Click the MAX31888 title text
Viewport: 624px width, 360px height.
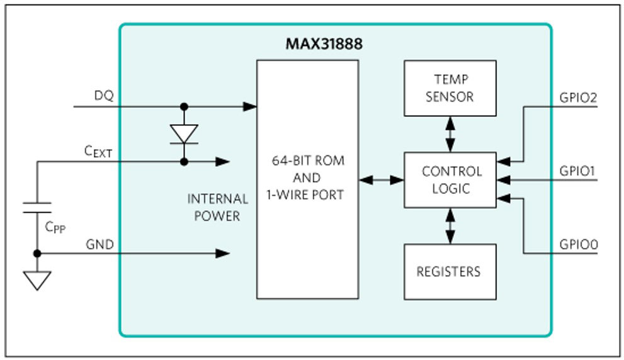click(x=324, y=44)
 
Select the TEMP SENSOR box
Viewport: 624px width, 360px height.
click(x=450, y=88)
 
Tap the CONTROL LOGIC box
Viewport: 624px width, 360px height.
click(x=450, y=180)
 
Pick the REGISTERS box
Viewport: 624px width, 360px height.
click(x=450, y=272)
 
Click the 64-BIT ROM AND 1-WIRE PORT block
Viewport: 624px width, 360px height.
click(x=308, y=179)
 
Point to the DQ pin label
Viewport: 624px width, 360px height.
click(x=104, y=96)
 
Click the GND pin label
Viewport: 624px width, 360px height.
click(x=100, y=244)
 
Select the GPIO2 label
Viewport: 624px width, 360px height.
click(x=578, y=98)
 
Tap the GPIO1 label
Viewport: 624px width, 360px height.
click(x=577, y=171)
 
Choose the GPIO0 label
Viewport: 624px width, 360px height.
click(x=579, y=244)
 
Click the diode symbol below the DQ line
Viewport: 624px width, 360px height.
click(x=184, y=134)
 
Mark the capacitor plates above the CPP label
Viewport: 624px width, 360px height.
click(x=37, y=208)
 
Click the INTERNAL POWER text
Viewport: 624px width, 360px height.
click(x=218, y=207)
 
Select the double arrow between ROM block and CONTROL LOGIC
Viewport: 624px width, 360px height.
click(x=381, y=180)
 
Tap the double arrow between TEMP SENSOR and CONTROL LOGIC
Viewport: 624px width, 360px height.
click(x=450, y=134)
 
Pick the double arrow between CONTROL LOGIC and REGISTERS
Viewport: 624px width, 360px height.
click(x=450, y=226)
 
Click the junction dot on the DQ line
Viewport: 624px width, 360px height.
click(x=184, y=106)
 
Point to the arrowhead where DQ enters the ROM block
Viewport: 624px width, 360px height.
click(x=249, y=106)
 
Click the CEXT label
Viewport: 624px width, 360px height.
click(x=98, y=152)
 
